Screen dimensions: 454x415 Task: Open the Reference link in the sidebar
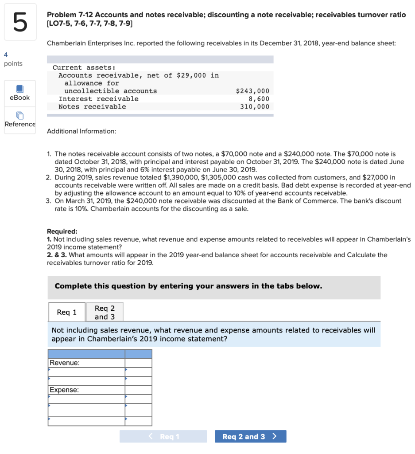pyautogui.click(x=20, y=120)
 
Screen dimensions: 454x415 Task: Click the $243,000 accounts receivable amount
pyautogui.click(x=252, y=91)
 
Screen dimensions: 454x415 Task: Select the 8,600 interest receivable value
pyautogui.click(x=259, y=99)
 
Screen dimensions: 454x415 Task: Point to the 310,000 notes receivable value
pyautogui.click(x=254, y=106)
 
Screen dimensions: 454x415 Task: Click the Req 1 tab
pyautogui.click(x=67, y=312)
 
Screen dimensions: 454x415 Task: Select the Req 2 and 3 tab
pyautogui.click(x=105, y=312)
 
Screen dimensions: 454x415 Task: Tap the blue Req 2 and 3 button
pyautogui.click(x=250, y=437)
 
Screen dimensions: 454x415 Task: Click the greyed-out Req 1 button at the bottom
pyautogui.click(x=163, y=437)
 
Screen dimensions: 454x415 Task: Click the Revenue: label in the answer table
pyautogui.click(x=65, y=363)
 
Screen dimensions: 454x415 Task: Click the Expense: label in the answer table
pyautogui.click(x=64, y=390)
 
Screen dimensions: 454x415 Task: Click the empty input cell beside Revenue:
pyautogui.click(x=138, y=363)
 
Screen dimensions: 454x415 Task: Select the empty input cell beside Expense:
pyautogui.click(x=138, y=390)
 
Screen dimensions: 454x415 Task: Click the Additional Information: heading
pyautogui.click(x=81, y=131)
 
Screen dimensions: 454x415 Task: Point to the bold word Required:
pyautogui.click(x=62, y=231)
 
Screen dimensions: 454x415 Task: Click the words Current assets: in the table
pyautogui.click(x=84, y=67)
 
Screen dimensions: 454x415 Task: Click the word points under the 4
pyautogui.click(x=13, y=63)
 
